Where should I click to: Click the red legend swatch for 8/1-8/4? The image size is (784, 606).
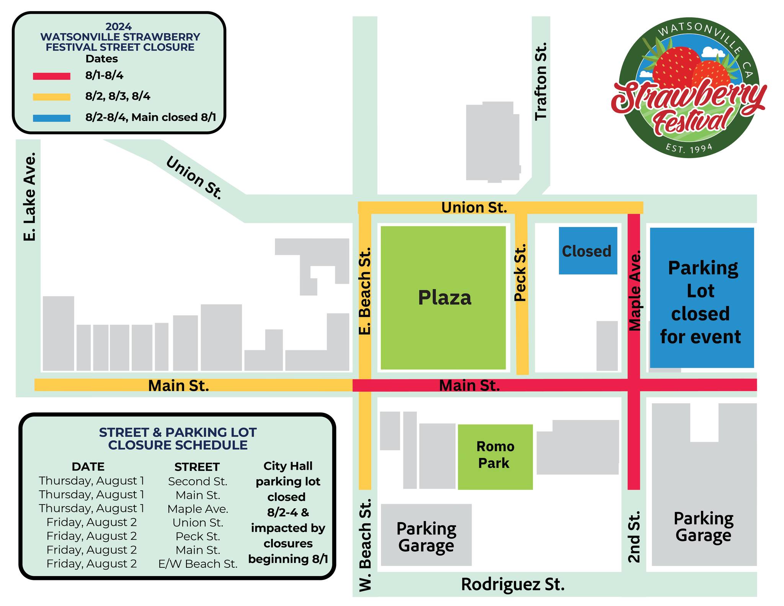pos(52,76)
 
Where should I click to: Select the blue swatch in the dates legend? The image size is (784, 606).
pos(52,118)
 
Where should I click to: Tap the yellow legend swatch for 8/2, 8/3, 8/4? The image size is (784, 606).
pos(52,97)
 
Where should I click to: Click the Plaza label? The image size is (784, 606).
pos(444,298)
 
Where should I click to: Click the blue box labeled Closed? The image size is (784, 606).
pos(587,251)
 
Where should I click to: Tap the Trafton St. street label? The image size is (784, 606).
pos(541,82)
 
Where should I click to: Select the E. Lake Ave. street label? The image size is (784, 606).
pos(30,197)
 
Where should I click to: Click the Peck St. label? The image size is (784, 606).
pos(520,273)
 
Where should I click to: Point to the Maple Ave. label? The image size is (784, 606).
pos(635,291)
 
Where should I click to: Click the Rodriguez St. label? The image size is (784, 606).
pos(513,585)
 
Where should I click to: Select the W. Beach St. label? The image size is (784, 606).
pos(365,544)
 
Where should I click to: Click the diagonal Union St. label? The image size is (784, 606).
pos(194,178)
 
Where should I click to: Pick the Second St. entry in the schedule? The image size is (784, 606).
pos(198,481)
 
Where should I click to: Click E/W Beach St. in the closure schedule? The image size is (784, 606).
pos(198,564)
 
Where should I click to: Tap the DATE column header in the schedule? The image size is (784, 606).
pos(88,467)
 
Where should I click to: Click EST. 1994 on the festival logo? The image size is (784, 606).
pos(689,148)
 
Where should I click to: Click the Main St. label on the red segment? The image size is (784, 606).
pos(469,385)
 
